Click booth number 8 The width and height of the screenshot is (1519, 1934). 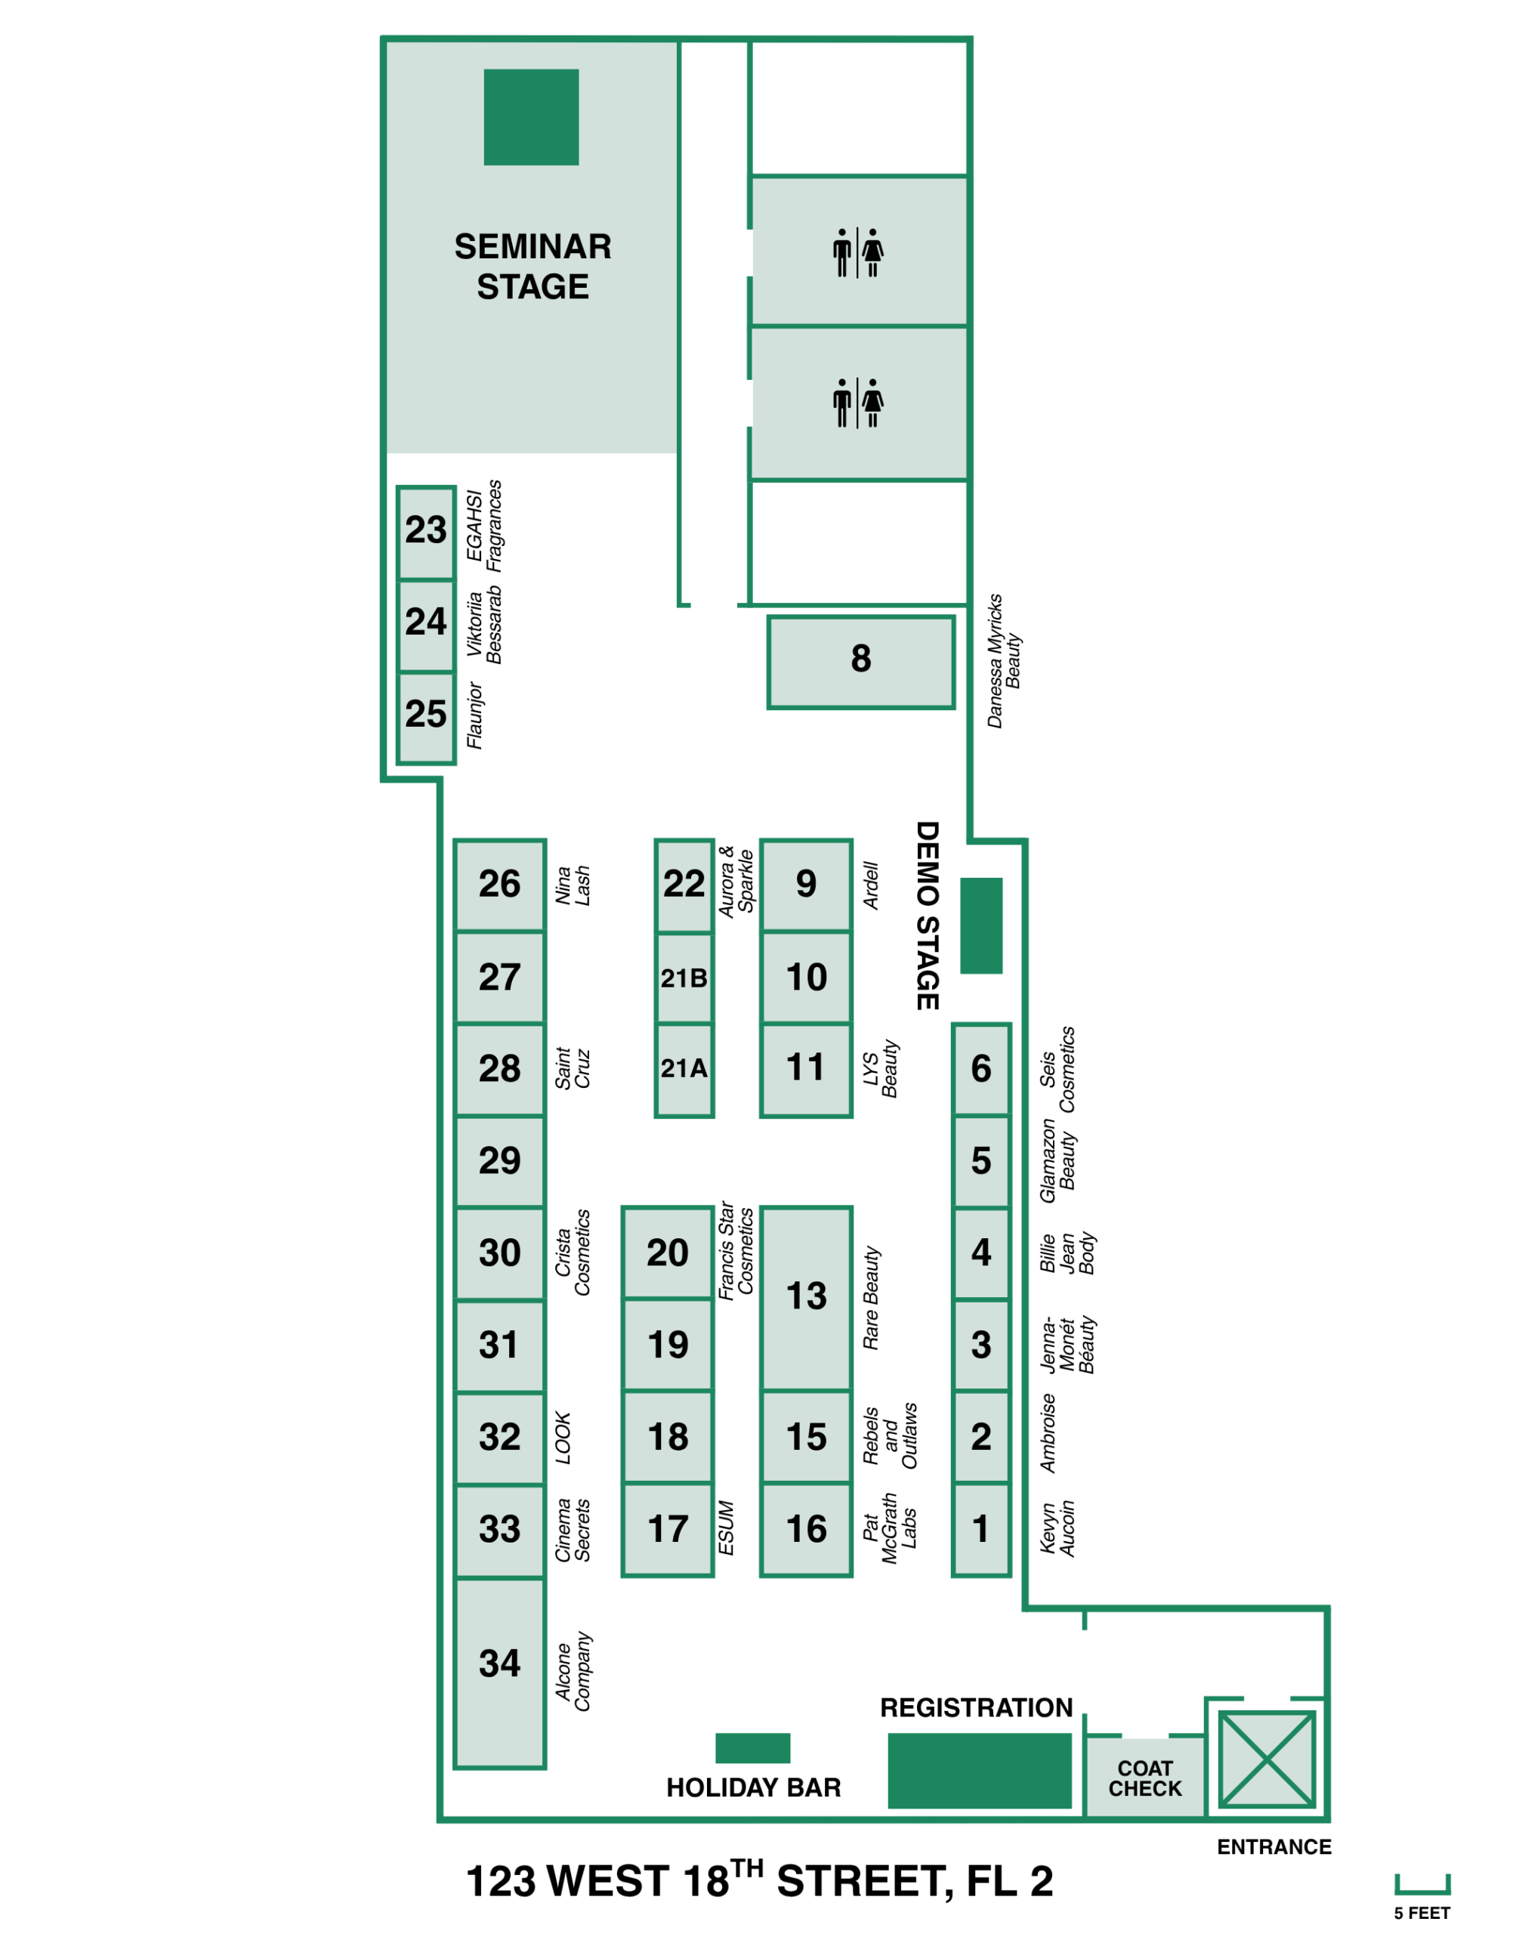click(861, 663)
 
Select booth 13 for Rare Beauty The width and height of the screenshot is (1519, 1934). click(807, 1299)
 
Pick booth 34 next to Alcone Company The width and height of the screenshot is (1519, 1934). click(500, 1673)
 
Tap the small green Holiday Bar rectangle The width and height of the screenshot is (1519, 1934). click(753, 1748)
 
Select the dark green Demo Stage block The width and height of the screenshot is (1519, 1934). click(982, 926)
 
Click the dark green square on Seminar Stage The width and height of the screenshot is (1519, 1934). click(532, 117)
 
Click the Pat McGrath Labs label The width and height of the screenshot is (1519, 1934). click(889, 1528)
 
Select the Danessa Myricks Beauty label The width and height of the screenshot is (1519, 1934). click(1004, 661)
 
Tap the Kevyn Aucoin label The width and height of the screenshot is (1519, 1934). click(1057, 1528)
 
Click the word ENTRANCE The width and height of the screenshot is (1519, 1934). click(1274, 1848)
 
